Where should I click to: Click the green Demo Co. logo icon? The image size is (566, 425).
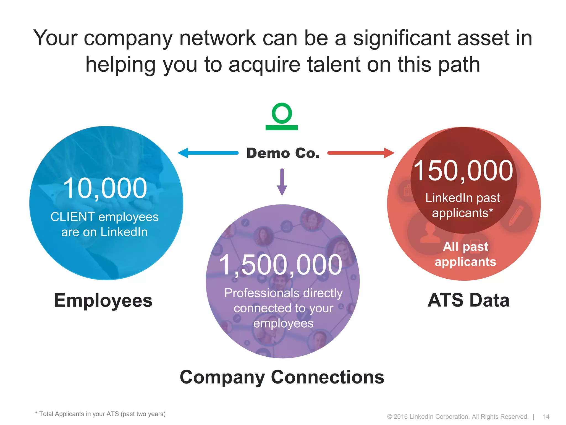(x=282, y=116)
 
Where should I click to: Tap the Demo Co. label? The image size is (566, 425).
(x=283, y=153)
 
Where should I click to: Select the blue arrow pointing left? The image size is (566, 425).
(x=208, y=153)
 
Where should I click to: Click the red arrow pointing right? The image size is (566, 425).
(x=361, y=153)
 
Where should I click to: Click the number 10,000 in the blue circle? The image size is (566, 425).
(x=105, y=188)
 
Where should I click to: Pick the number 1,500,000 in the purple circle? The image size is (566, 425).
(x=281, y=265)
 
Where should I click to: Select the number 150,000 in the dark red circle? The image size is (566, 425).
(x=463, y=171)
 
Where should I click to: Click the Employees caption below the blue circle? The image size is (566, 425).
(x=103, y=300)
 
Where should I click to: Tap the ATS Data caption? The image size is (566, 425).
(x=468, y=300)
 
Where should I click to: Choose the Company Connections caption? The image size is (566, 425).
(x=282, y=377)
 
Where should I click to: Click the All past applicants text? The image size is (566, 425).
(x=465, y=254)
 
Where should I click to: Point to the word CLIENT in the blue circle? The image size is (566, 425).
(x=73, y=217)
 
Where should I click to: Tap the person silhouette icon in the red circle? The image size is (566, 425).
(x=430, y=233)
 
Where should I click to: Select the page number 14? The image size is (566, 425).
(x=546, y=417)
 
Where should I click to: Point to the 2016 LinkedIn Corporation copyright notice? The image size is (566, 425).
(x=458, y=417)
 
